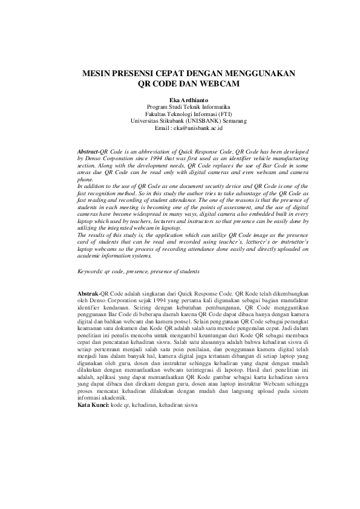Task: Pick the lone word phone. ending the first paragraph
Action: pyautogui.click(x=86, y=180)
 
